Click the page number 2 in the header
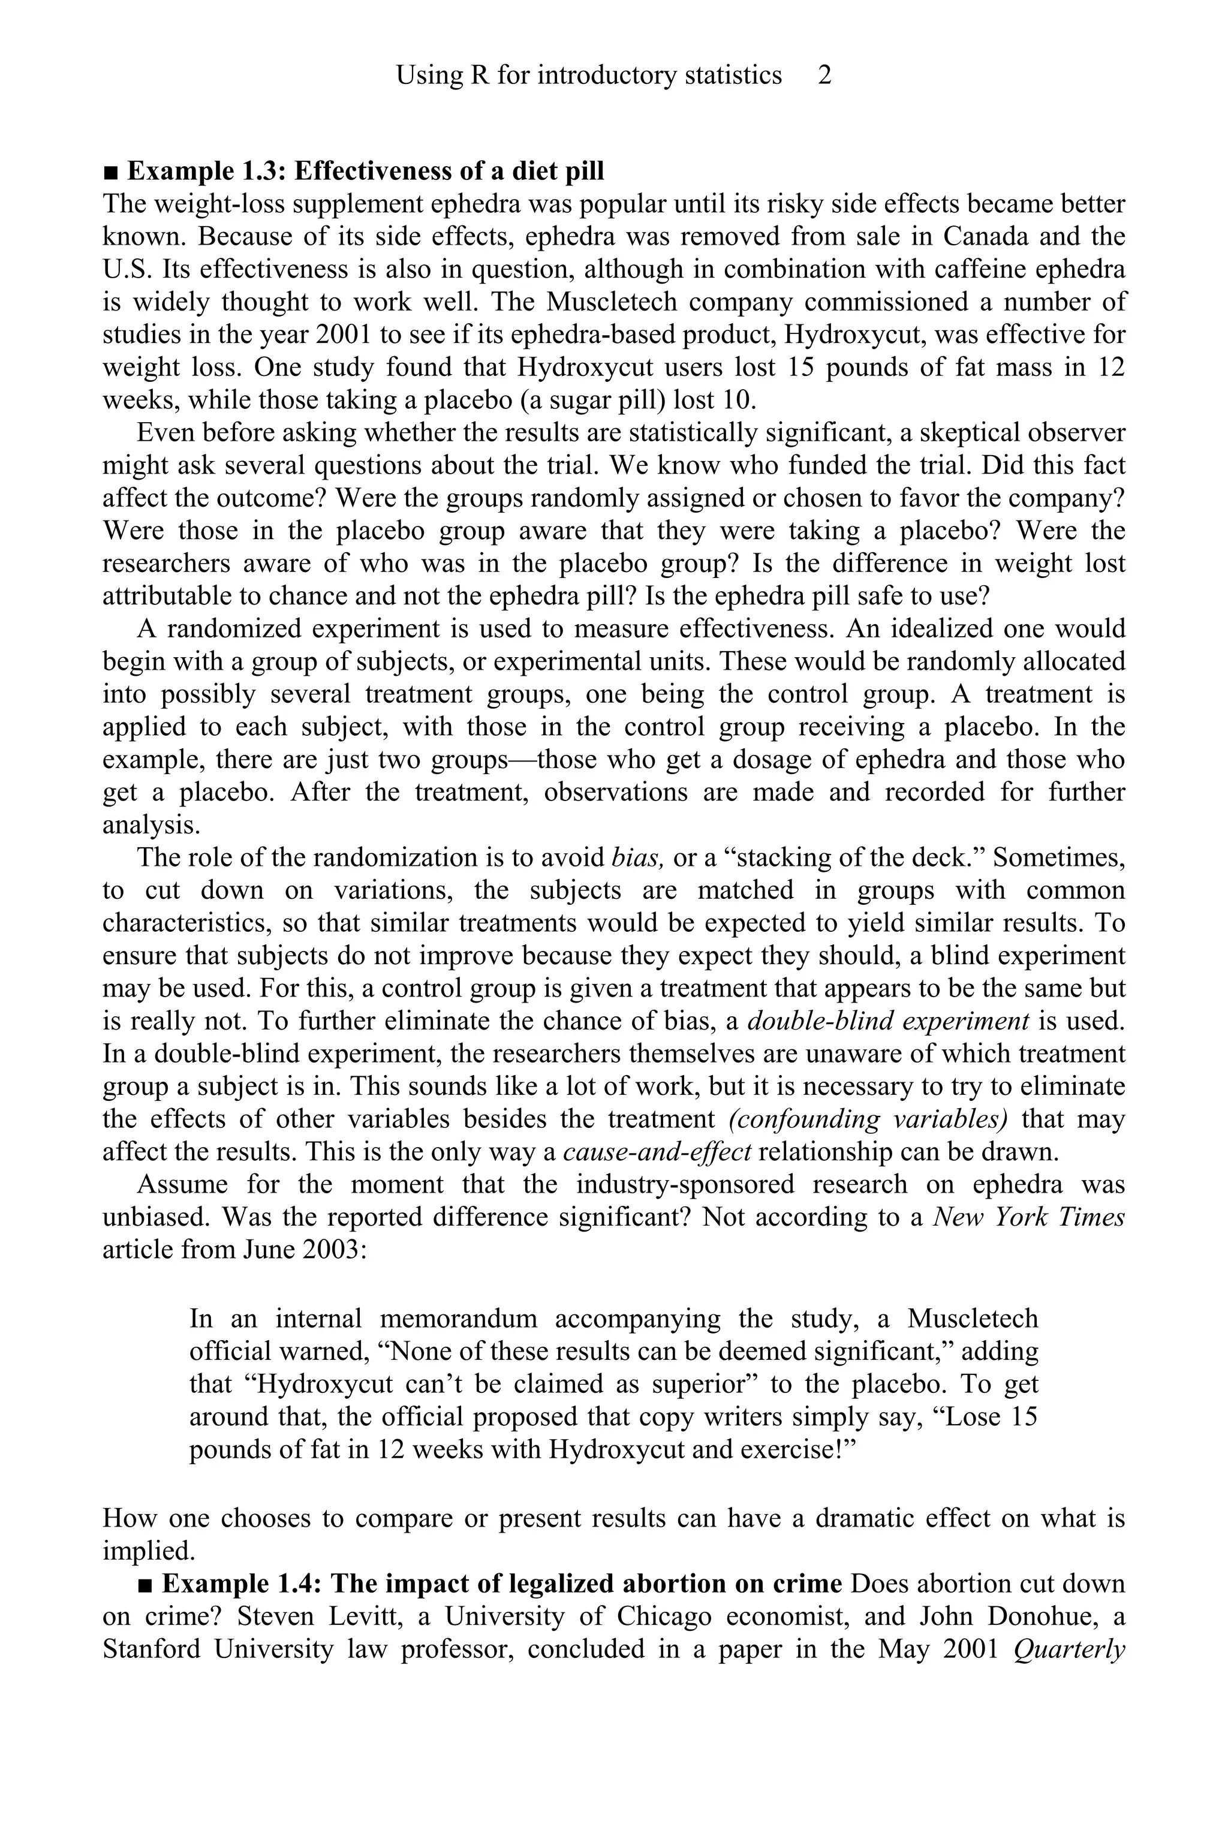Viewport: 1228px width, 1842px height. [x=824, y=75]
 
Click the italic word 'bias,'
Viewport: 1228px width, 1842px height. [x=637, y=857]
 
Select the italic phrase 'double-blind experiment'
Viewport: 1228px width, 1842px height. [x=888, y=1021]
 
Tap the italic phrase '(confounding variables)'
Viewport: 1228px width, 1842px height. [x=868, y=1119]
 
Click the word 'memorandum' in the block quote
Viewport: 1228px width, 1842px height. [x=458, y=1319]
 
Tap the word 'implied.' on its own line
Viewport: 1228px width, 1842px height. [x=149, y=1551]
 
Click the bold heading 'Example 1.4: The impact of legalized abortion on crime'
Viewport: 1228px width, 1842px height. [x=501, y=1584]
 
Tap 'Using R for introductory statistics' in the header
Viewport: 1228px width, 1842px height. [x=588, y=75]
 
